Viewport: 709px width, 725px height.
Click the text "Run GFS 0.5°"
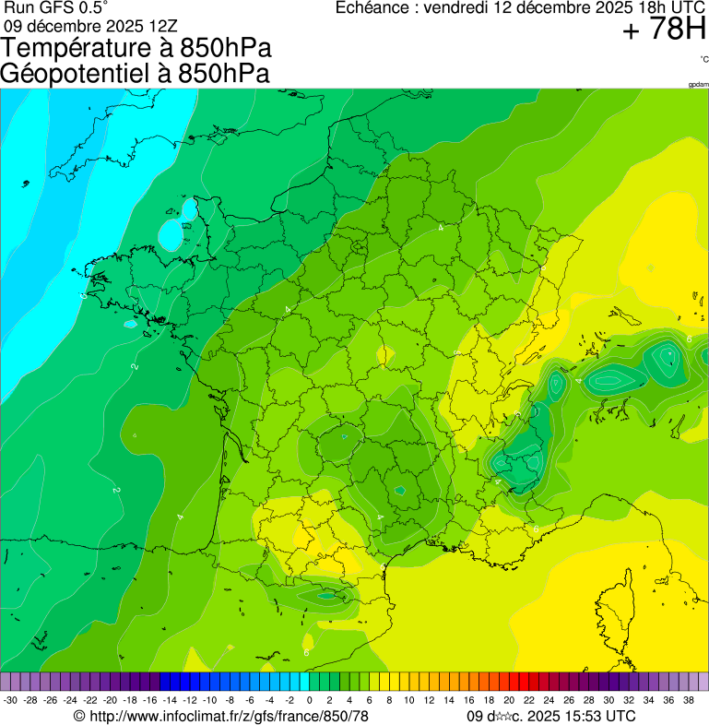55,7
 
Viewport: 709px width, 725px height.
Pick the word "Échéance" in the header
374,7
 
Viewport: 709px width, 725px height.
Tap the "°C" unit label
703,59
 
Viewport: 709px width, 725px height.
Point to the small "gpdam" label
698,84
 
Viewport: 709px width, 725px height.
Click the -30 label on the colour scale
10,700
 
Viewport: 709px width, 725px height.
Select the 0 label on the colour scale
309,700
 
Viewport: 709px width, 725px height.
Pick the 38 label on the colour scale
688,700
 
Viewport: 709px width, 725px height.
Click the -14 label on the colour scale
170,700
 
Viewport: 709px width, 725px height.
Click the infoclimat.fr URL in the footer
229,716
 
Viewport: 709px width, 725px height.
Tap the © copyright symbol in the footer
79,716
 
